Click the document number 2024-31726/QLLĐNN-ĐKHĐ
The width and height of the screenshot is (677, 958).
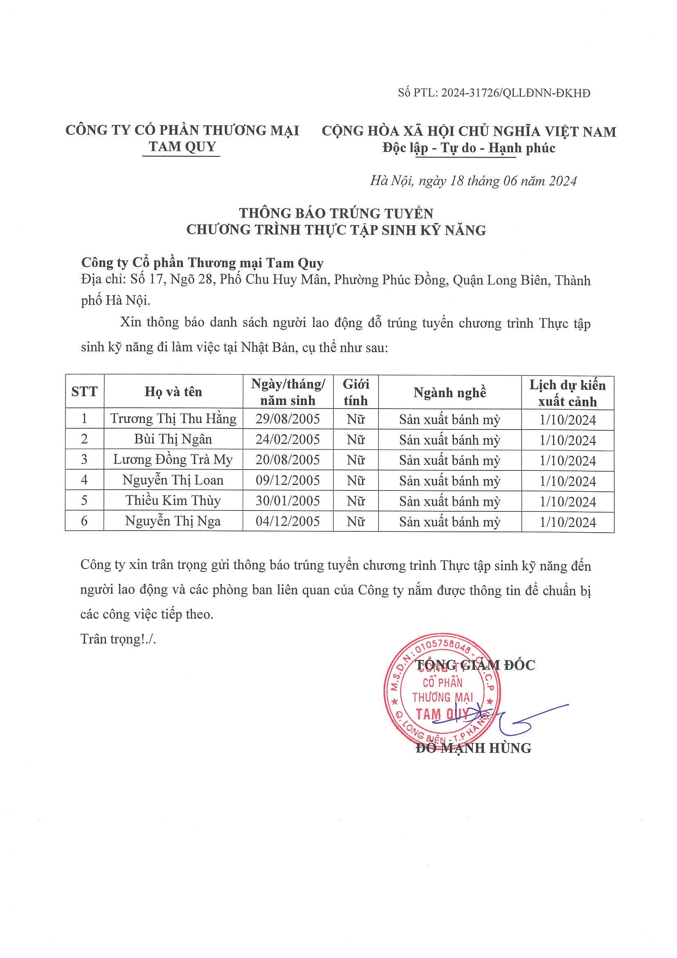click(x=516, y=93)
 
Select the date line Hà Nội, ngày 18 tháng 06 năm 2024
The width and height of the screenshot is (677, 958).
click(x=473, y=181)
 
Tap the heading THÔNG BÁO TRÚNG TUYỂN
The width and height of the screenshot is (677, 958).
click(x=336, y=213)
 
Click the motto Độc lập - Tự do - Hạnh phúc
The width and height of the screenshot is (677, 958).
click(x=469, y=148)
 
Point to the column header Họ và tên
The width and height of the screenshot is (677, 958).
click(x=173, y=392)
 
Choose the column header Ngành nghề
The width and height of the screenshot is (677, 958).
click(x=450, y=393)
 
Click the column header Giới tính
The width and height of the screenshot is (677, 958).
click(x=355, y=392)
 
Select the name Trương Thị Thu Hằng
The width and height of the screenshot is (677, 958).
click(x=173, y=419)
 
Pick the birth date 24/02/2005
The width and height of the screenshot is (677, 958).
click(x=288, y=439)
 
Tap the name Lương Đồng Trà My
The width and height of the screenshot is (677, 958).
click(x=173, y=460)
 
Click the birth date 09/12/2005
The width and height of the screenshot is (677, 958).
click(x=288, y=480)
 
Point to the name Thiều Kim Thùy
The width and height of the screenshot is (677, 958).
click(x=173, y=501)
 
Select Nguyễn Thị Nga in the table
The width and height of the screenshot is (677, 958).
click(x=173, y=521)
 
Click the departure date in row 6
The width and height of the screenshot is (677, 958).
click(x=568, y=522)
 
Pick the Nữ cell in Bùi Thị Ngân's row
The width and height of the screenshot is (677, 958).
click(x=355, y=440)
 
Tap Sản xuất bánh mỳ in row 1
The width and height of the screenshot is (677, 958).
click(x=450, y=420)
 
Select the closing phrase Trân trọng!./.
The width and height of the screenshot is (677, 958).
click(x=118, y=639)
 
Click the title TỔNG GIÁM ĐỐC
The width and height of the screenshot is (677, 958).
click(x=476, y=666)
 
